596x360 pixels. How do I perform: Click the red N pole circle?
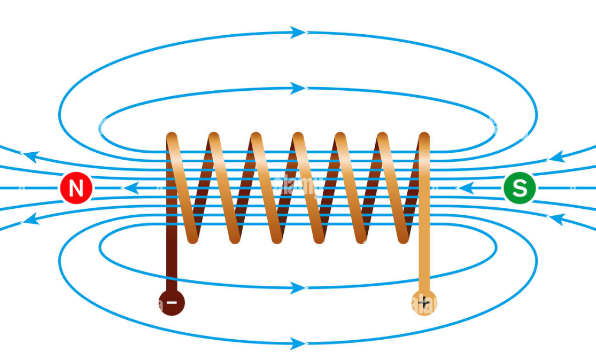tap(76, 188)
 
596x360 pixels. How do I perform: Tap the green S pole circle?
tap(518, 188)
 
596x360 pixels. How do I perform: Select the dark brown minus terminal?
tap(172, 302)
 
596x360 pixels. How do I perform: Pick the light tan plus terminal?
tap(424, 303)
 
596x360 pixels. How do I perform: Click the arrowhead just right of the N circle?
tap(131, 188)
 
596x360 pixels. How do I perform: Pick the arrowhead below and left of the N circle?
tap(31, 219)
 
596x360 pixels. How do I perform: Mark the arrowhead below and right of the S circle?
tap(558, 218)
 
